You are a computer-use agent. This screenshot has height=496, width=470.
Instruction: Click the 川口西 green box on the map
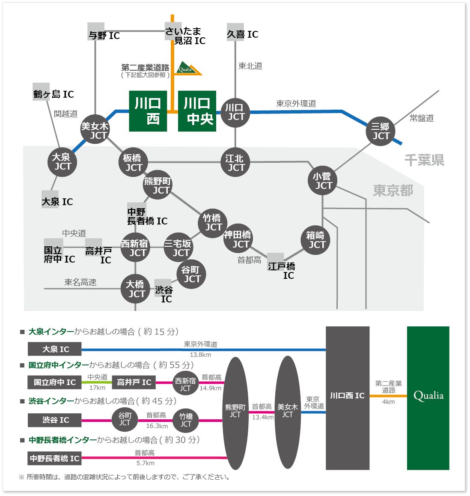pos(148,111)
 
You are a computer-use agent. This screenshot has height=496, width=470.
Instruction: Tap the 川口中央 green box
pos(197,111)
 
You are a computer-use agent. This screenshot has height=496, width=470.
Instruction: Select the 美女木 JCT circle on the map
pos(95,129)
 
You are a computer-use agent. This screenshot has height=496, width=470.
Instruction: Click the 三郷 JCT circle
pos(381,131)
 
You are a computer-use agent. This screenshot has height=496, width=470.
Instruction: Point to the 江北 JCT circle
pos(235,162)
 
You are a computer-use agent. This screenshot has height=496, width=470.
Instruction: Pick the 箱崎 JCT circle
pos(315,240)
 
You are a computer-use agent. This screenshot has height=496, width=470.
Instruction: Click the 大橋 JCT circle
pos(135,289)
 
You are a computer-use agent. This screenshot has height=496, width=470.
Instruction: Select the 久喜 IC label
pos(243,34)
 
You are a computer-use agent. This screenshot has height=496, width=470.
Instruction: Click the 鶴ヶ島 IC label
pos(54,94)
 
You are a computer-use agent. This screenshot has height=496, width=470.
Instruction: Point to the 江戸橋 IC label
pos(282,271)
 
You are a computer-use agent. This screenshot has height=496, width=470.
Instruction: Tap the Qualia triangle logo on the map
pos(188,69)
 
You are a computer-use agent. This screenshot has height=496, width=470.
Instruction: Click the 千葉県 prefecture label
pos(425,160)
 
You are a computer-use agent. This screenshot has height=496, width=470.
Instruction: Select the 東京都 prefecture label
pos(393,191)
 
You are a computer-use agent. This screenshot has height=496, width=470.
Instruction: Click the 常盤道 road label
pos(422,118)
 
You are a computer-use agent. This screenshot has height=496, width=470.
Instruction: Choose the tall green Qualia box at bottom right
pos(428,398)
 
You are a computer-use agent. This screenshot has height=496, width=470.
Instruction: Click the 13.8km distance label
pos(200,355)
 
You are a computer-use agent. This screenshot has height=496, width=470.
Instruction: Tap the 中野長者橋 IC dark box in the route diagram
pos(54,458)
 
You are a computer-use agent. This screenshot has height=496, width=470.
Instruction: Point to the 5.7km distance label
pos(146,463)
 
